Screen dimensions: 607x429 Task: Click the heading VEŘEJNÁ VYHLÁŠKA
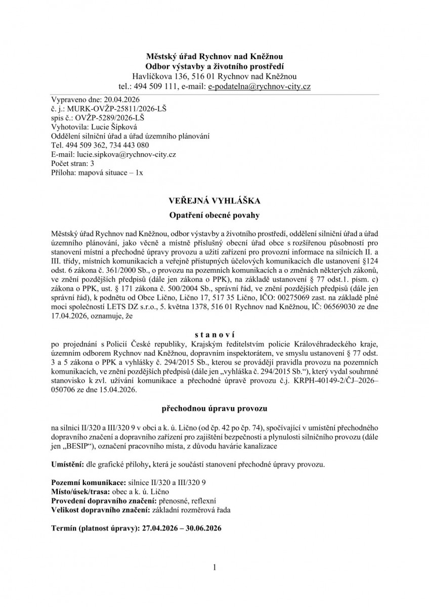coord(214,201)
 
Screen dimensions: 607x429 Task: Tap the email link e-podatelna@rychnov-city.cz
coord(260,86)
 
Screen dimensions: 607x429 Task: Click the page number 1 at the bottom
coord(214,568)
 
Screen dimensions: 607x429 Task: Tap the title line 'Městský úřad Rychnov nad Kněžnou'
coord(214,56)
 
